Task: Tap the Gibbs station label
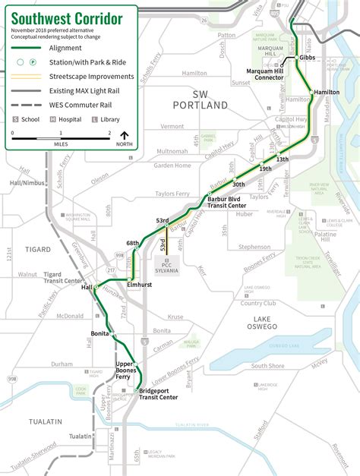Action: coord(307,58)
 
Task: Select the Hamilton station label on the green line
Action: coord(326,92)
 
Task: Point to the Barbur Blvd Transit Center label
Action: coord(226,201)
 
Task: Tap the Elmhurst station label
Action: coord(141,283)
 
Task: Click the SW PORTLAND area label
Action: coord(200,99)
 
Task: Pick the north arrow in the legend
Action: coord(125,138)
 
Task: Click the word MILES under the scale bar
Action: coord(61,143)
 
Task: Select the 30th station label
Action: coord(238,184)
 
